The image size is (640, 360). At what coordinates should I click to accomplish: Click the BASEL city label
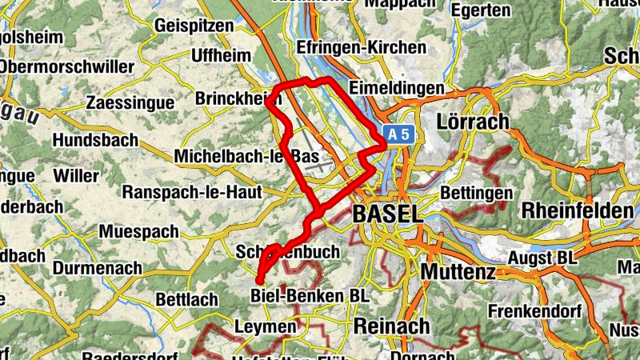pos(386,214)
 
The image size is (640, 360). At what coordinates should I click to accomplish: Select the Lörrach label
pos(474,122)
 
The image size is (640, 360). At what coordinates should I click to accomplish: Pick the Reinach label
pos(391,326)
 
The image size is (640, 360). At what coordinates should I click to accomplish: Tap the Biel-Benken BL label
pos(310,296)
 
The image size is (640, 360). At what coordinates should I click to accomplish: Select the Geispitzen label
pos(194,26)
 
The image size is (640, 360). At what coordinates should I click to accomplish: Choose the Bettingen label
pos(477,194)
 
